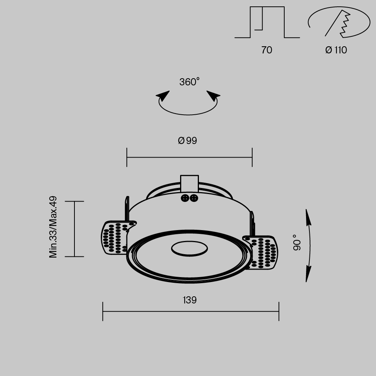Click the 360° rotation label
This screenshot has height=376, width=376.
(x=189, y=82)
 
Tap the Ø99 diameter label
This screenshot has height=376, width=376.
(x=188, y=141)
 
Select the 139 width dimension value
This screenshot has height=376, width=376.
(x=190, y=300)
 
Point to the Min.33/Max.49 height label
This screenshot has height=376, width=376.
(x=53, y=227)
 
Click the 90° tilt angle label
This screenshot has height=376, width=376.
(x=297, y=243)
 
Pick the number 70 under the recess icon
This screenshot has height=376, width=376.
(x=267, y=50)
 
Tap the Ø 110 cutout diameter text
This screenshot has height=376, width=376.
(x=336, y=50)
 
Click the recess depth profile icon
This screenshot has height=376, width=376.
(x=267, y=23)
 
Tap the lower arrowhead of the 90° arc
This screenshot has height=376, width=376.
(x=308, y=274)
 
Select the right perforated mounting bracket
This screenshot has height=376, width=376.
(x=263, y=252)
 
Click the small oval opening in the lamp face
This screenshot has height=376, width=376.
(x=190, y=248)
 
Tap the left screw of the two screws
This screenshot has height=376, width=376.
(x=185, y=198)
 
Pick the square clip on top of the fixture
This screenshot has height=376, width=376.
(x=190, y=183)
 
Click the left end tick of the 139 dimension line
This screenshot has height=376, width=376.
(x=103, y=311)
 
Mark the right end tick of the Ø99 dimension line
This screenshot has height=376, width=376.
(x=252, y=158)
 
